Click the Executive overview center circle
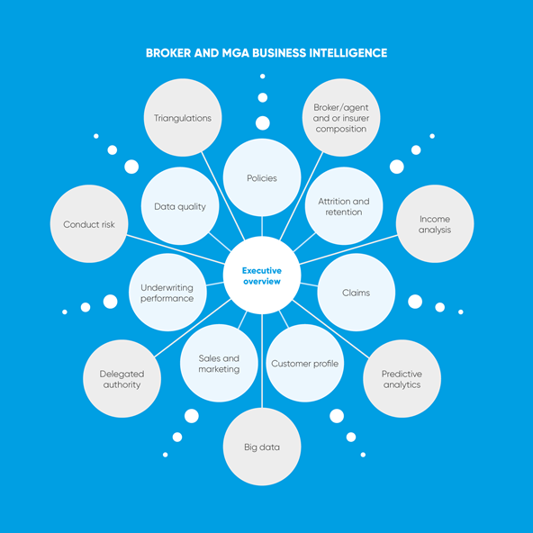tap(262, 276)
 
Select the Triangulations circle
tap(183, 118)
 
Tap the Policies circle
tap(262, 177)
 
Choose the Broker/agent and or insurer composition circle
tap(341, 118)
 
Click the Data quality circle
tap(180, 206)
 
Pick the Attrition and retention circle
tap(344, 206)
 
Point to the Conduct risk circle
tap(89, 223)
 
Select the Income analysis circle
tap(435, 223)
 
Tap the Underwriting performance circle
tap(167, 293)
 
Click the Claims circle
tap(357, 293)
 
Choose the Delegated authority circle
tap(122, 379)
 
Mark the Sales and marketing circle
tap(219, 363)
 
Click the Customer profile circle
tap(305, 363)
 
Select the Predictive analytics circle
tap(402, 379)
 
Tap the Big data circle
tap(262, 447)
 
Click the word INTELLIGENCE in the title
tap(348, 53)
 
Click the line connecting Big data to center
tap(262, 361)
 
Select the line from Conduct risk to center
tap(176, 249)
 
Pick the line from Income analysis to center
tap(348, 249)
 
